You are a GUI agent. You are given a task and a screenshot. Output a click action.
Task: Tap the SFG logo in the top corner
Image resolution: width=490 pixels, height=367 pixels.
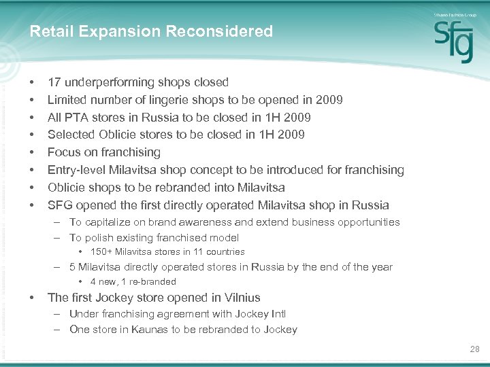[454, 40]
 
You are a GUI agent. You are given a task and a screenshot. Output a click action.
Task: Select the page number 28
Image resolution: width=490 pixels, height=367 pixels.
[474, 349]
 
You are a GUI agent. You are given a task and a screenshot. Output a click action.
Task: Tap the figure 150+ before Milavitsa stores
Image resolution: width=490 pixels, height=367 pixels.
[101, 252]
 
